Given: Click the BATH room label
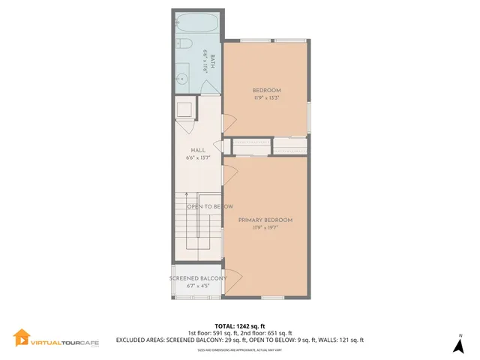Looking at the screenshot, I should [212, 61].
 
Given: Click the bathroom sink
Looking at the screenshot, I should [181, 78].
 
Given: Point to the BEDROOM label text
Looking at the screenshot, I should [266, 90].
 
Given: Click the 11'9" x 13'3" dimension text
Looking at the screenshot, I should [266, 97].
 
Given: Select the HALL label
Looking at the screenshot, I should [198, 150].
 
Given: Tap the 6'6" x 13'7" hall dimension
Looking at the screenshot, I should [198, 157].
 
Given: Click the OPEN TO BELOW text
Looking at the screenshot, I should [209, 206].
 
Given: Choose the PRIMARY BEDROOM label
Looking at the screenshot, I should [265, 220].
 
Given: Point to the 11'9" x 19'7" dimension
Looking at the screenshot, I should [265, 227].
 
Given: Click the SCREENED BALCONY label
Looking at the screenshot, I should [198, 278].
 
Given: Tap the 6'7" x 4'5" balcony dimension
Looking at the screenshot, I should [198, 286].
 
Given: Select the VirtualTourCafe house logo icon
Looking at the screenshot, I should [22, 340].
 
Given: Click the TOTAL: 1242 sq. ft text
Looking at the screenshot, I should [239, 326].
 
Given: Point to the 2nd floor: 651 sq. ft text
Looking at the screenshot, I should [265, 333].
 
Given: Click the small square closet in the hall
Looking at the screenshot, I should [184, 110].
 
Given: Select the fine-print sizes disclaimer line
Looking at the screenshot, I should [239, 349].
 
